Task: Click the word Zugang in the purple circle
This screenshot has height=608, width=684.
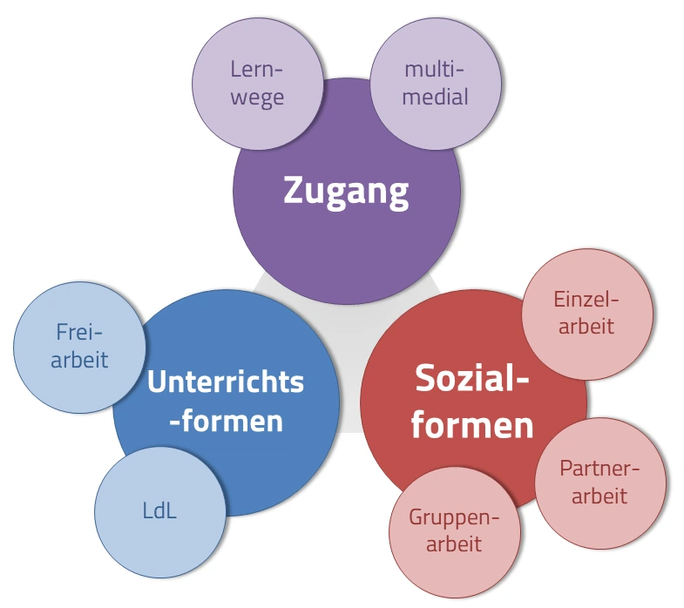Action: [x=346, y=191]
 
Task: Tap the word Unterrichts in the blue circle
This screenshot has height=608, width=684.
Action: [x=226, y=382]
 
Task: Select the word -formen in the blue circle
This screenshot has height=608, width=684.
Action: [x=226, y=422]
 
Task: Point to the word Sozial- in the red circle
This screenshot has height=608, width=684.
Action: [x=472, y=381]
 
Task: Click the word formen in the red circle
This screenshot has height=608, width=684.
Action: [x=472, y=425]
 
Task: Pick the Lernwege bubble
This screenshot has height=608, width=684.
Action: [x=258, y=84]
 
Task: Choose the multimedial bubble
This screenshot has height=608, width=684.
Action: [x=436, y=84]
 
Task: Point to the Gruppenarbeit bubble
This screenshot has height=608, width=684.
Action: [x=455, y=531]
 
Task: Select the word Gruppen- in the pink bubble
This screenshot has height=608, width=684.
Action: [x=455, y=519]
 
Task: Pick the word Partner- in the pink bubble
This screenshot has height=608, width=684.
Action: [x=599, y=470]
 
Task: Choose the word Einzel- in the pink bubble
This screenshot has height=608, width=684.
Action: [x=586, y=301]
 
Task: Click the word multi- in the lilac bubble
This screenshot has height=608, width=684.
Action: [x=436, y=70]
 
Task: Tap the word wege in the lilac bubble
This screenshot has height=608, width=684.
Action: [x=259, y=98]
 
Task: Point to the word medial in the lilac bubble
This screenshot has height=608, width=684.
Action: [x=436, y=96]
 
